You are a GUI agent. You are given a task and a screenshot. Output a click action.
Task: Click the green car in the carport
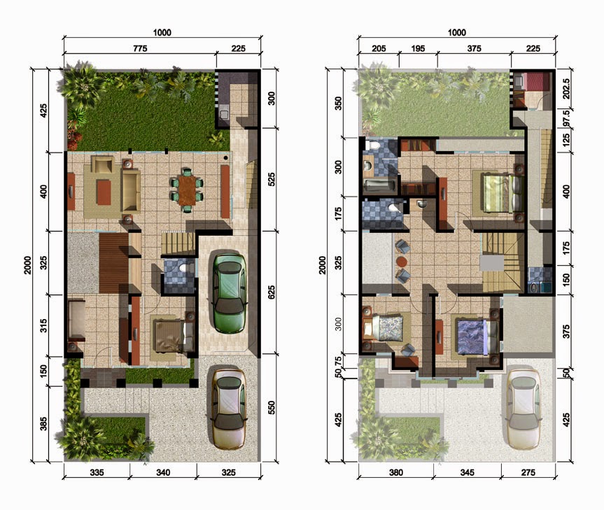pyautogui.click(x=230, y=293)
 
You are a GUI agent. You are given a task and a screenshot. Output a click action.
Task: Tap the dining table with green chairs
pyautogui.click(x=187, y=190)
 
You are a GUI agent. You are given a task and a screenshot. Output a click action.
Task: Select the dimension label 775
pyautogui.click(x=140, y=48)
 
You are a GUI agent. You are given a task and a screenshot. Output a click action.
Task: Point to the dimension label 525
pyautogui.click(x=271, y=179)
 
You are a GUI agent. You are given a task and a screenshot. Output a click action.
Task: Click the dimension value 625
pyautogui.click(x=271, y=292)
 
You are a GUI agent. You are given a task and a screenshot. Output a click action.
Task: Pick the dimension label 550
pyautogui.click(x=271, y=408)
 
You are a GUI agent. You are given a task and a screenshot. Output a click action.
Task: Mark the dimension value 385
pyautogui.click(x=43, y=424)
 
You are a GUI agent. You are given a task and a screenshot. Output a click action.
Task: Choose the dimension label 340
pyautogui.click(x=163, y=472)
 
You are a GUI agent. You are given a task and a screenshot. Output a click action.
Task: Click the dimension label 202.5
pyautogui.click(x=566, y=89)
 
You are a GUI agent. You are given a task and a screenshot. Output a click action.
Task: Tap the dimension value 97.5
pyautogui.click(x=566, y=118)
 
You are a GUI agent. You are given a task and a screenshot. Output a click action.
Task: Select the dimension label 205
pyautogui.click(x=379, y=48)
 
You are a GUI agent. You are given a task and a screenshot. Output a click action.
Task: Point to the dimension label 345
pyautogui.click(x=467, y=472)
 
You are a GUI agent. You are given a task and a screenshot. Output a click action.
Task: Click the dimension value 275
pyautogui.click(x=528, y=472)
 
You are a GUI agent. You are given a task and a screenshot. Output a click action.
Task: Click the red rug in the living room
pyautogui.click(x=104, y=192)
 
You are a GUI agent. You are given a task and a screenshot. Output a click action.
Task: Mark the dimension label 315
pyautogui.click(x=43, y=325)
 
